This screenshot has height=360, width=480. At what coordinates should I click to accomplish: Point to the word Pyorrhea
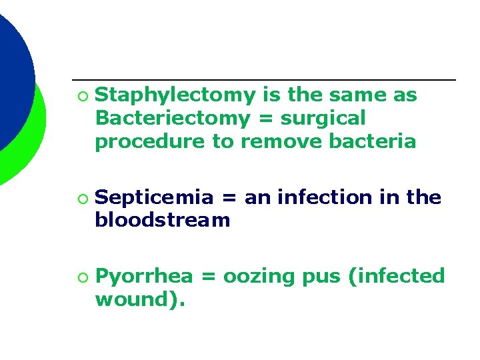pos(145,276)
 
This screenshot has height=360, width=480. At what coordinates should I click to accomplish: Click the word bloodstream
pos(163,220)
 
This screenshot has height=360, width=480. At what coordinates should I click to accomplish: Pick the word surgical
pos(323,119)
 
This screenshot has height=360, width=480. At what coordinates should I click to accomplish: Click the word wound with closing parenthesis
pos(140,299)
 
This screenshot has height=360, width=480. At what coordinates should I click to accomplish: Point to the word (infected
pos(396,276)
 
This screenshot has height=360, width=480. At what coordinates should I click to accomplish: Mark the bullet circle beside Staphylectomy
pos(81,97)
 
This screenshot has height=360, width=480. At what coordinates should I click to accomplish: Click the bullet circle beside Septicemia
pos(81,199)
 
